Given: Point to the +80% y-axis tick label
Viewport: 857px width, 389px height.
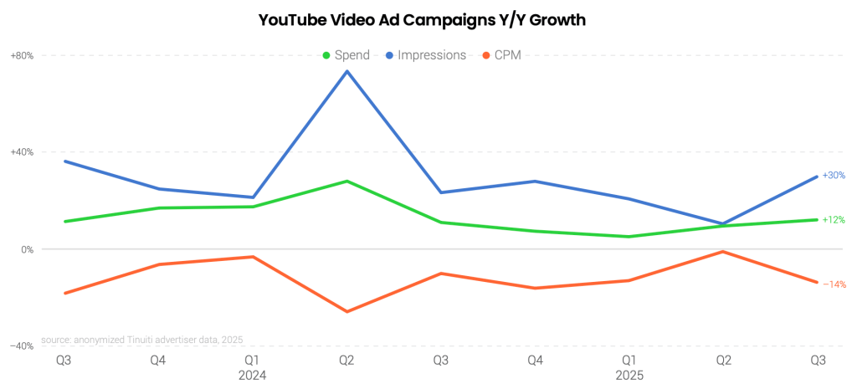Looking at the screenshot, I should [x=22, y=56].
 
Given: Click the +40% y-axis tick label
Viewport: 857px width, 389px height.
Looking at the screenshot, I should [x=22, y=152].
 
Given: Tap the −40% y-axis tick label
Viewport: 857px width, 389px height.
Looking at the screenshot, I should [x=22, y=345].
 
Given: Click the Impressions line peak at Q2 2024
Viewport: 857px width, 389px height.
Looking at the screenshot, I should [x=347, y=70].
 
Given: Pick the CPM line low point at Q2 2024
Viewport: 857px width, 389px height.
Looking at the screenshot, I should [x=347, y=312].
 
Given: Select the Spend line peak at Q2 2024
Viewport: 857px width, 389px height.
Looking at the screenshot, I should [x=347, y=181].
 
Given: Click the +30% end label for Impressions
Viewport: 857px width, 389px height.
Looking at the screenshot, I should [x=834, y=176].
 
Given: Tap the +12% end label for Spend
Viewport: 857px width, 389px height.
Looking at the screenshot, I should [x=834, y=220].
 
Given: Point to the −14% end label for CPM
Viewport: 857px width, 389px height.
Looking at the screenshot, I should [x=834, y=284].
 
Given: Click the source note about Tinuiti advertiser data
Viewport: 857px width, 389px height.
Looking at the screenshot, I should [x=141, y=340].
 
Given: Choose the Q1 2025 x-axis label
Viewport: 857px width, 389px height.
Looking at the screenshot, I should [x=629, y=367].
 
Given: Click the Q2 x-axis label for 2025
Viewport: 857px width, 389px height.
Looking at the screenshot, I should [x=723, y=360].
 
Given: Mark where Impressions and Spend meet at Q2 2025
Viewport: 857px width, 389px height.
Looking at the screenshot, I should [x=723, y=224].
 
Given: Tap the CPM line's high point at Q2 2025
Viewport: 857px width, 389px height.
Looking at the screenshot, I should [x=723, y=251].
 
